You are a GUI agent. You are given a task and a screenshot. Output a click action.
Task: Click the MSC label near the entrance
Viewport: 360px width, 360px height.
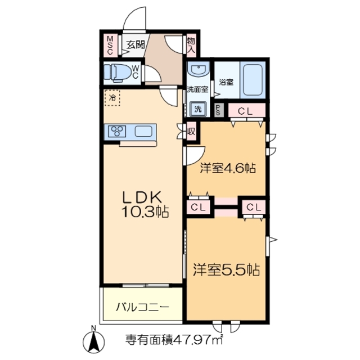(110, 46)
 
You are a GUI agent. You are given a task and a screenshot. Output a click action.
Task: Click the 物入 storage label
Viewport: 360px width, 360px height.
(191, 46)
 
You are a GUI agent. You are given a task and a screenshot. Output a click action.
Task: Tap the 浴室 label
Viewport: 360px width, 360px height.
(226, 82)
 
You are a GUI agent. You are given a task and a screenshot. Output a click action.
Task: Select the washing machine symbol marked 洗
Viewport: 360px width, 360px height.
(198, 108)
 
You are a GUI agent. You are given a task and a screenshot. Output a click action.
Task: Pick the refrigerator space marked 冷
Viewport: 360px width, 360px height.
(112, 98)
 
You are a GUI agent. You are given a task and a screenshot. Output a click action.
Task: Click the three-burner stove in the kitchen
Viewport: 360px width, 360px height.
(119, 132)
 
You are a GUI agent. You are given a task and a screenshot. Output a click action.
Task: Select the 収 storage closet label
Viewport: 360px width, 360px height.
(191, 131)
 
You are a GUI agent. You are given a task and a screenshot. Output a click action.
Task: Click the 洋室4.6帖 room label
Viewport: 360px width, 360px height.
(229, 167)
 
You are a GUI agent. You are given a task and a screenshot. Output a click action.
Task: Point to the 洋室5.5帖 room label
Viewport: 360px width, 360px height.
(227, 269)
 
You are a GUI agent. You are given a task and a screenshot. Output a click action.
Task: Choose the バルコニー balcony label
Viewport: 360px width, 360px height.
(142, 307)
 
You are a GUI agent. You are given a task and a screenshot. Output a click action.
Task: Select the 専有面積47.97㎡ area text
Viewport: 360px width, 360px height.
(174, 340)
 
